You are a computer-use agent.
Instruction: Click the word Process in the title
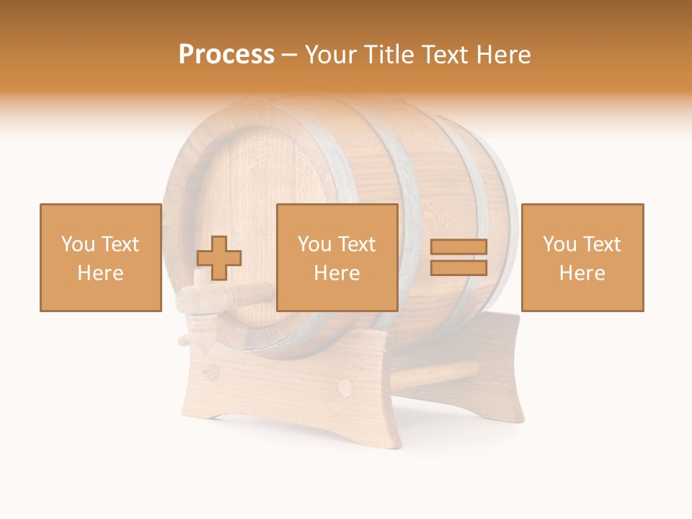(226, 55)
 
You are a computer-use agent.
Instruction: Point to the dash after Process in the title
(289, 55)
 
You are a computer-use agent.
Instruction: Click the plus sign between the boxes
(219, 258)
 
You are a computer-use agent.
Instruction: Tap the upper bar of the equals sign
(458, 247)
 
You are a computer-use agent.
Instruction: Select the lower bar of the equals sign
(458, 267)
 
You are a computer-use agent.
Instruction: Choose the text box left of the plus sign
(101, 257)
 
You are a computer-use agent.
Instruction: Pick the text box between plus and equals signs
(337, 257)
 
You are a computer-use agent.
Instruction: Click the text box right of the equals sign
(582, 257)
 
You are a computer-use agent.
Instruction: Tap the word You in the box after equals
(559, 244)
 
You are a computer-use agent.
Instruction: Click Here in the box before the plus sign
(101, 273)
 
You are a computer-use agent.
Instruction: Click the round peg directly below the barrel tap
(213, 373)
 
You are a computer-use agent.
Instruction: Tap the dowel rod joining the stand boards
(440, 373)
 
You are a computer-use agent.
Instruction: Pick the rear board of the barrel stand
(497, 368)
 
